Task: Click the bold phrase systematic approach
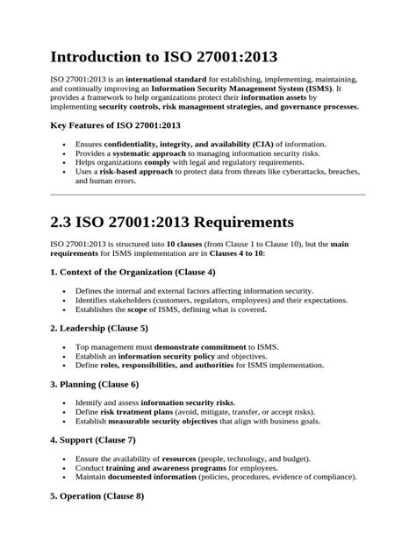(147, 152)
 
